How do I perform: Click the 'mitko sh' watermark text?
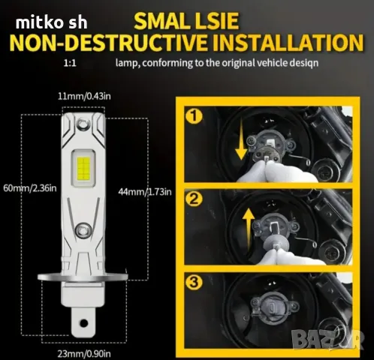[x=52, y=22]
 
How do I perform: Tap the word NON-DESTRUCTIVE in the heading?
[x=109, y=43]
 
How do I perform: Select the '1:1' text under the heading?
[x=70, y=63]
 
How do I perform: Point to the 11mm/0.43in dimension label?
[x=84, y=96]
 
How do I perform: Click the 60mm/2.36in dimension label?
[x=30, y=188]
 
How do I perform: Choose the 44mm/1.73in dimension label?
[x=145, y=192]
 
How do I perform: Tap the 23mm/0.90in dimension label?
[x=84, y=354]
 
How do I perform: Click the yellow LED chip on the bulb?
[x=83, y=167]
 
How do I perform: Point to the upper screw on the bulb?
[x=82, y=123]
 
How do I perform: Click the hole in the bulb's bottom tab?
[x=84, y=323]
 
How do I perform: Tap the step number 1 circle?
[x=194, y=116]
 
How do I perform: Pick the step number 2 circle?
[x=194, y=199]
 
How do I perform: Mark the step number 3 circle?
[x=194, y=283]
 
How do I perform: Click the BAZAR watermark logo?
[x=328, y=339]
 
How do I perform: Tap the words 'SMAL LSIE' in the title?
[x=186, y=21]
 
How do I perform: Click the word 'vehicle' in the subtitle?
[x=273, y=63]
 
